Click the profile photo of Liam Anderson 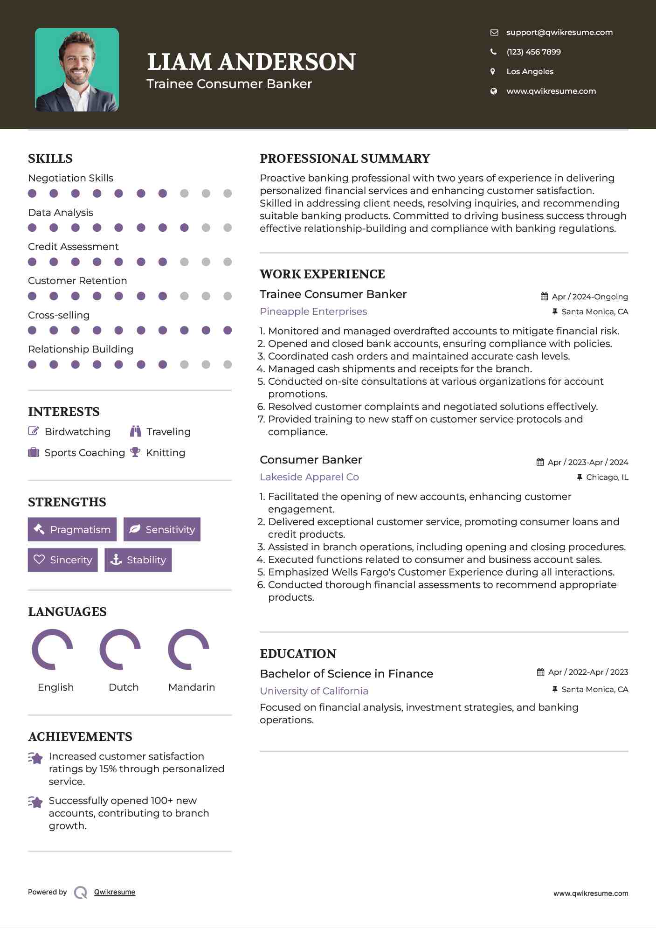click(x=77, y=70)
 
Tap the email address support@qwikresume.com click(x=559, y=32)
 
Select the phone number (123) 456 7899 click(x=533, y=52)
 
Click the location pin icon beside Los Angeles click(x=493, y=71)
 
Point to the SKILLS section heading click(x=50, y=159)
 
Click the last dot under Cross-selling click(x=228, y=330)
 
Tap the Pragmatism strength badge click(x=72, y=529)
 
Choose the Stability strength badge click(x=138, y=560)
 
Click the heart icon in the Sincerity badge click(x=39, y=560)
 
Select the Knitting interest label click(x=165, y=453)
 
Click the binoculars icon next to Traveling click(x=136, y=431)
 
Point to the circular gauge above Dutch click(x=120, y=650)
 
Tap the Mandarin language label click(x=191, y=687)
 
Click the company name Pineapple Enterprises click(x=313, y=312)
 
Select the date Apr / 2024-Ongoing click(x=589, y=297)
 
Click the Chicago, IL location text click(x=607, y=477)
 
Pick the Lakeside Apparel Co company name click(x=309, y=477)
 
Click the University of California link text click(x=314, y=691)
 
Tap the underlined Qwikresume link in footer click(x=115, y=892)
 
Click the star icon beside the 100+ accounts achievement click(x=35, y=802)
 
